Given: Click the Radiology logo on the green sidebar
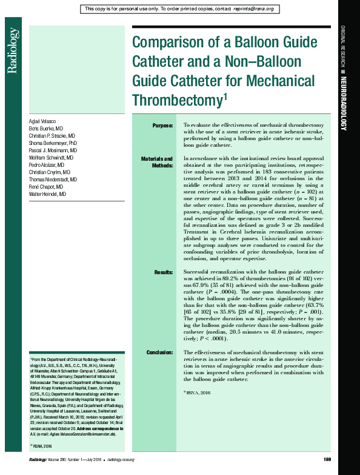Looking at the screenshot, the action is (x=12, y=59).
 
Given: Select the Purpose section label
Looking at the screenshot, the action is (x=162, y=126).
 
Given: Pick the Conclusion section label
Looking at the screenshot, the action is (x=160, y=352).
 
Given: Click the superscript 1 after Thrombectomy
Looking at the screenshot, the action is (x=225, y=95).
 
